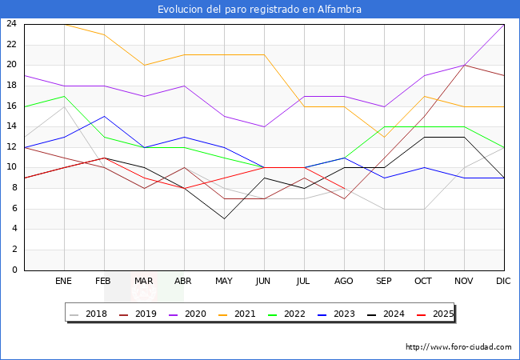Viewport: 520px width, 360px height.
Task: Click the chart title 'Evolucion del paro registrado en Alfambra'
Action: point(259,10)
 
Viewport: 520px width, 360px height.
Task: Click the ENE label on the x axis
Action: point(64,282)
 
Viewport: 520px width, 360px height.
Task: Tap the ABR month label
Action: point(184,282)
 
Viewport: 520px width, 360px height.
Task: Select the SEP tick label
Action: point(384,282)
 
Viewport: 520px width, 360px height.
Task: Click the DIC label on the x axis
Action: point(503,282)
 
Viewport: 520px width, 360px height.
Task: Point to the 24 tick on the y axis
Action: point(11,24)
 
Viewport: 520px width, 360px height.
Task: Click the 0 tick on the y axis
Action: point(14,270)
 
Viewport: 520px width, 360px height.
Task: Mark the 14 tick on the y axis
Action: point(11,126)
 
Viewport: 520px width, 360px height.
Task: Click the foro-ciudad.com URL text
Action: point(458,347)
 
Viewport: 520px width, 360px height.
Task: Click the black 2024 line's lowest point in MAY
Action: point(224,218)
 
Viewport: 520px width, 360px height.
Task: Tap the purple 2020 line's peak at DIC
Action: point(504,24)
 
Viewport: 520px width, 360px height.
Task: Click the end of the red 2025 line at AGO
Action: point(344,188)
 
